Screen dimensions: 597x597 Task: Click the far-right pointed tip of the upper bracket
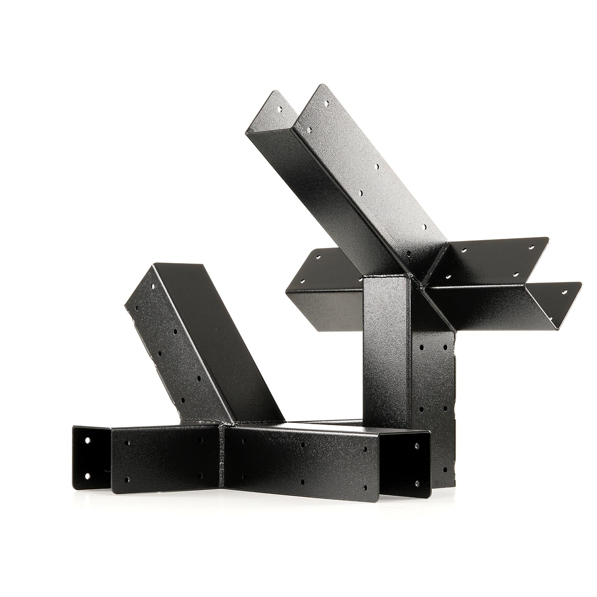580,283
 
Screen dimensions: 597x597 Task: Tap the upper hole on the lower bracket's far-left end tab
87,441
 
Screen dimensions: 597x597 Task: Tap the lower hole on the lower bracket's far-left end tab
87,475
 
